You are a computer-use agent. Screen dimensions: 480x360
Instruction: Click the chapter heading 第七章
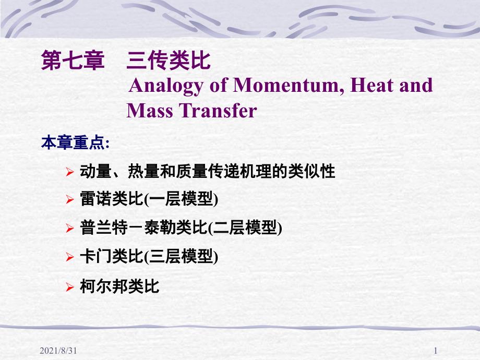pyautogui.click(x=73, y=61)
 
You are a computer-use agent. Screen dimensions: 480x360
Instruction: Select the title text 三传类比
pyautogui.click(x=169, y=61)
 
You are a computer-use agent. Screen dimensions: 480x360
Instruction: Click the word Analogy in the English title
pyautogui.click(x=166, y=86)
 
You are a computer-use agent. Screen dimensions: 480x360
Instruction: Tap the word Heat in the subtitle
pyautogui.click(x=371, y=85)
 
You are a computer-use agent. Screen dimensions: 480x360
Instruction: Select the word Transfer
pyautogui.click(x=218, y=110)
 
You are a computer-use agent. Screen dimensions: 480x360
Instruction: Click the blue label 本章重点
pyautogui.click(x=73, y=142)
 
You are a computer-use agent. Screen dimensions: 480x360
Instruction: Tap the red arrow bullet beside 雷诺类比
pyautogui.click(x=70, y=200)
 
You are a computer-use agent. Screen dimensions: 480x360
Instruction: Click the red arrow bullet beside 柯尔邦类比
pyautogui.click(x=70, y=287)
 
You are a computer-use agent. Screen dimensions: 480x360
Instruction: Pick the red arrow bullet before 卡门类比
pyautogui.click(x=70, y=257)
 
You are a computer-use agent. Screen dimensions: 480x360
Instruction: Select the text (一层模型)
pyautogui.click(x=181, y=199)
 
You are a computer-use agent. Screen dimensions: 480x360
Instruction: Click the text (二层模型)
pyautogui.click(x=245, y=228)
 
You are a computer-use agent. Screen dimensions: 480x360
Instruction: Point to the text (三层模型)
pyautogui.click(x=181, y=257)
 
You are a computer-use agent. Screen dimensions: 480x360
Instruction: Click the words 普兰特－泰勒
pyautogui.click(x=128, y=228)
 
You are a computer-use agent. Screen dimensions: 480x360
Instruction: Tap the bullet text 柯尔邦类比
pyautogui.click(x=119, y=286)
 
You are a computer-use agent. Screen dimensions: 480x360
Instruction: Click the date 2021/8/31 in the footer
pyautogui.click(x=58, y=351)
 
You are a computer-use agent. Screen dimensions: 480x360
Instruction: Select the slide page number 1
pyautogui.click(x=436, y=351)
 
